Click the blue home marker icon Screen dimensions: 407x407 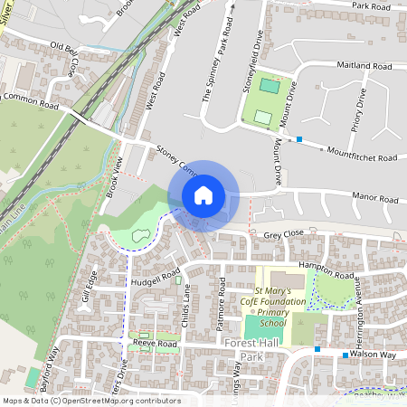(x=203, y=195)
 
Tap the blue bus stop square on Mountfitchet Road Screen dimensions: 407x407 (x=299, y=139)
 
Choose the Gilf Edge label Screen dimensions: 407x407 (x=87, y=291)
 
